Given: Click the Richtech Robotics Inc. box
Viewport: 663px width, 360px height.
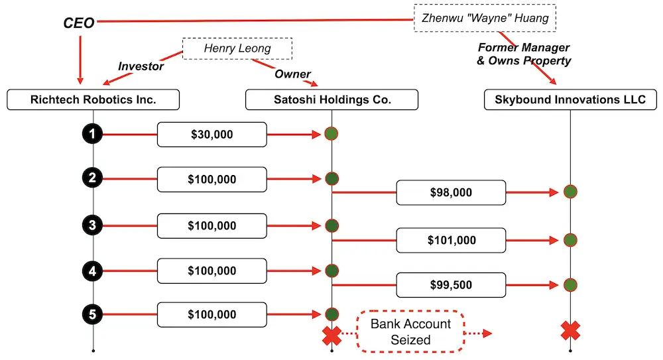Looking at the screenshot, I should tap(93, 100).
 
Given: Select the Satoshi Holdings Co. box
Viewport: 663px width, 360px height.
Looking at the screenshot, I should tap(332, 100).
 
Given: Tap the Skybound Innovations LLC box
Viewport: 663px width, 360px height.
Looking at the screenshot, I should tap(571, 100).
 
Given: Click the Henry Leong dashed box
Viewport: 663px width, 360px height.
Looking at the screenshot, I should tap(237, 48).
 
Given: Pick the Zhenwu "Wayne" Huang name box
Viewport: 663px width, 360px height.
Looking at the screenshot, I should tap(485, 18).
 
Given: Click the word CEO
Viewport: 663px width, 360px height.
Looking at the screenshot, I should tap(79, 23).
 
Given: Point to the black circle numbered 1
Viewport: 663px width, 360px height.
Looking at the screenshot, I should tap(93, 135).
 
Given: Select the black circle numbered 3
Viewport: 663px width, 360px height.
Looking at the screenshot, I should tap(93, 225).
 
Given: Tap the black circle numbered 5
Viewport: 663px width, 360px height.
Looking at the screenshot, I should tap(93, 314).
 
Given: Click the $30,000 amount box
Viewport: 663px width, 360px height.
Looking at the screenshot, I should tap(211, 135).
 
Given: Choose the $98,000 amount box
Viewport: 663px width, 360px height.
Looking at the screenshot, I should tap(451, 192).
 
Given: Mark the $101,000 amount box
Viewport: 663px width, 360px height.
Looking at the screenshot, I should tap(451, 240).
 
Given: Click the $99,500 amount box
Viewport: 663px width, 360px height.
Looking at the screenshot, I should tap(451, 285).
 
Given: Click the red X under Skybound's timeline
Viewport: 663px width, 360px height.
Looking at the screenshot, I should tap(571, 330).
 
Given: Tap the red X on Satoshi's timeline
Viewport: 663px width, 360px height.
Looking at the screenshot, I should tap(331, 335).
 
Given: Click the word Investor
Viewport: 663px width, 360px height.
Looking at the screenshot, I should tap(141, 66).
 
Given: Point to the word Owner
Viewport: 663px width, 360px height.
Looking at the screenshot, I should tap(293, 74).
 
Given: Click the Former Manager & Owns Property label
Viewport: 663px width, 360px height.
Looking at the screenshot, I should tap(524, 54).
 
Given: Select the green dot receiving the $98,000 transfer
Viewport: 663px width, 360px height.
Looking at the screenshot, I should tap(571, 192).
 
